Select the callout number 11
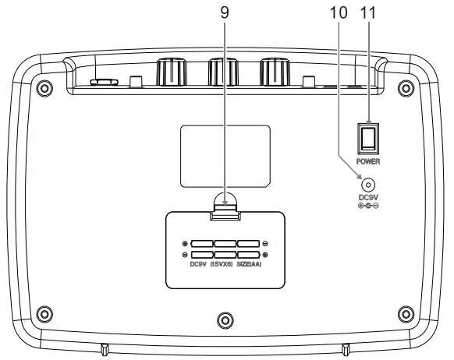pyautogui.click(x=371, y=12)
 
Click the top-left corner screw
pyautogui.click(x=45, y=85)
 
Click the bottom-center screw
pyautogui.click(x=225, y=319)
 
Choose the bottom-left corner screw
pyautogui.click(x=45, y=313)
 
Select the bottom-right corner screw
pyautogui.click(x=403, y=313)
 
